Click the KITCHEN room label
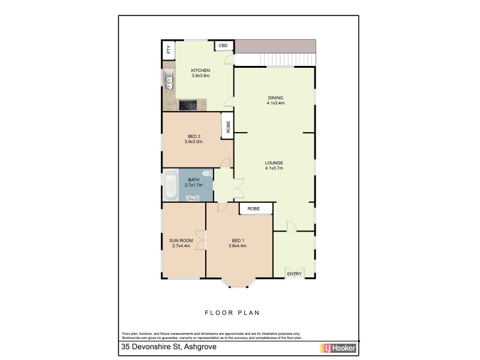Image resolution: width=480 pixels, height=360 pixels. pos(200,70)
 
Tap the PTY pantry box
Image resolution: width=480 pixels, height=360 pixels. pos(169,50)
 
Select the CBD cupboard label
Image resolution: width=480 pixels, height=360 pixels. pos(223,46)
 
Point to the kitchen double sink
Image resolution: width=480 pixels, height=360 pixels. pos(169,80)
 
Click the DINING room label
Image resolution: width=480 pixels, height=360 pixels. pos(275,98)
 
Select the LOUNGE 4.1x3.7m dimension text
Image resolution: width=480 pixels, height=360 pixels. pos(274,169)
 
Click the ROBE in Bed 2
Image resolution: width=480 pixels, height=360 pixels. pos(228,127)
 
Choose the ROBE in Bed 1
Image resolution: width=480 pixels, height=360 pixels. pos(254,208)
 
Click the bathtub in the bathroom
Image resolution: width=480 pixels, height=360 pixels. pos(170,185)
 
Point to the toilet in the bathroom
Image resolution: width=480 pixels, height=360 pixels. pos(207,174)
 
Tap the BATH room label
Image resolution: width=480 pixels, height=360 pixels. pos(194,179)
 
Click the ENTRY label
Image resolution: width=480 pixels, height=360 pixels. pos(294,274)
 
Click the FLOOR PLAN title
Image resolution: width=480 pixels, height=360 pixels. pos(232,313)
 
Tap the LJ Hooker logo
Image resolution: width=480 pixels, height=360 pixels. pos(339,348)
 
